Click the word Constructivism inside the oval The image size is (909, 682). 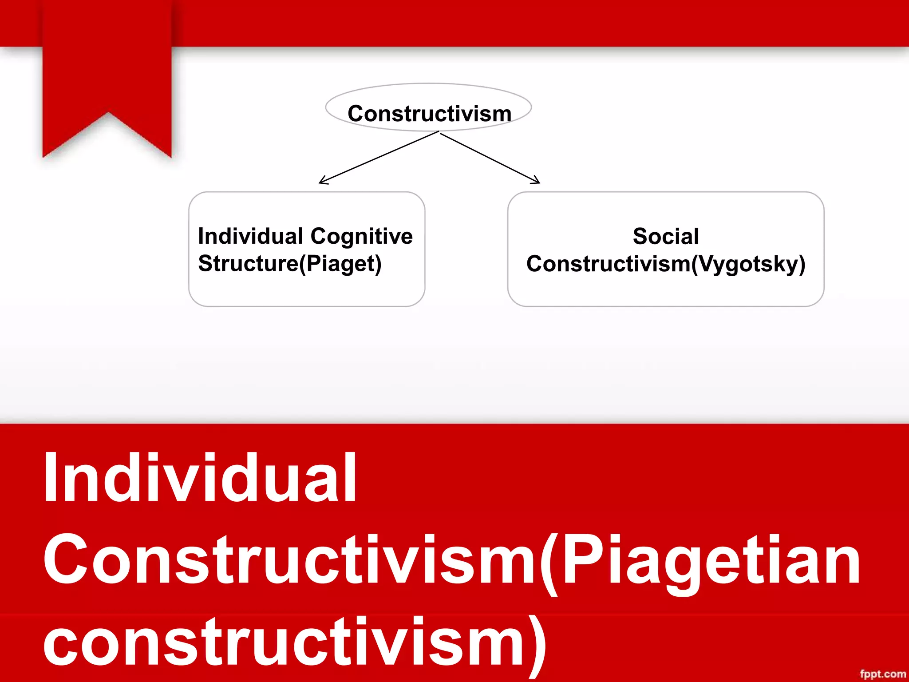coord(429,114)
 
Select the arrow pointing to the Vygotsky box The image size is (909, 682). coord(490,158)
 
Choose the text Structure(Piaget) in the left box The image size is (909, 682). coord(290,264)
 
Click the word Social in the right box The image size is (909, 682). coord(666,236)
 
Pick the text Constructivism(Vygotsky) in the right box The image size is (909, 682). coord(666,264)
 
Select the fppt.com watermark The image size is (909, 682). coord(882,674)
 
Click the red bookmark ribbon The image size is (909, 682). coord(107,67)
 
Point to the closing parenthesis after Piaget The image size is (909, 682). coord(377,265)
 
